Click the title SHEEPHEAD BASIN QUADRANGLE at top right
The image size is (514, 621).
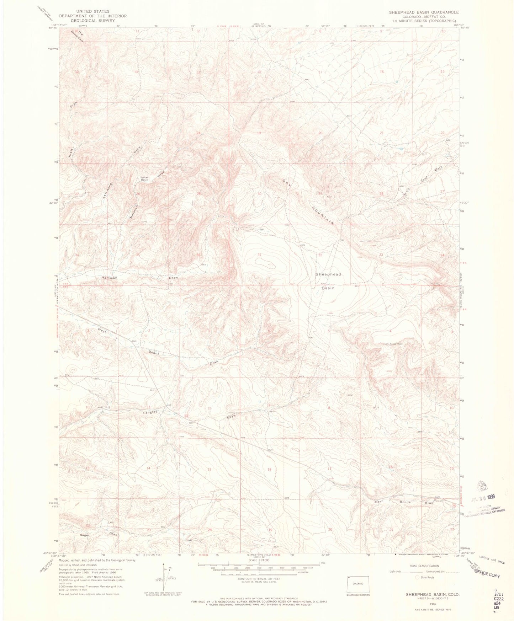point(424,12)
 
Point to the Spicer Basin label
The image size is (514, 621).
point(144,178)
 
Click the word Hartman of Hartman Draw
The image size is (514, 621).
point(109,277)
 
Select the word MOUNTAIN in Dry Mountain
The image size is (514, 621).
point(323,215)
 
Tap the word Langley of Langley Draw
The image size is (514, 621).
point(150,412)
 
